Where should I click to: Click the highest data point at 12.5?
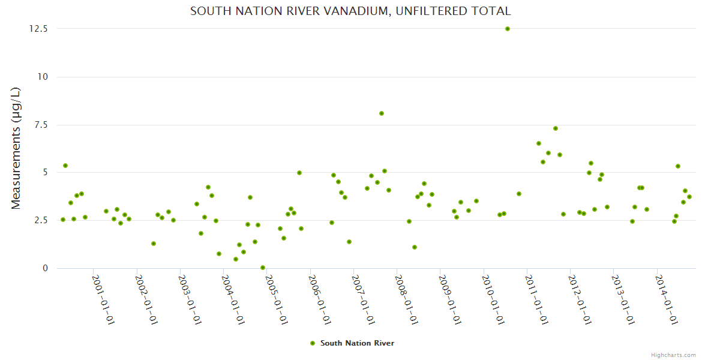point(508,29)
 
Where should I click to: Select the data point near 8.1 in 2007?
point(382,113)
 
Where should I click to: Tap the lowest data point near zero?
point(263,268)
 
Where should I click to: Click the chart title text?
point(350,11)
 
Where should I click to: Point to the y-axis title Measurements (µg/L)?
point(16,148)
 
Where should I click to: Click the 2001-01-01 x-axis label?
point(103,300)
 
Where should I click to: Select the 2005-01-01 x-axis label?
point(277,300)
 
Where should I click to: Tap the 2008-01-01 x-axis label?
point(407,300)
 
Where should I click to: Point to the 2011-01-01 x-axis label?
point(536,300)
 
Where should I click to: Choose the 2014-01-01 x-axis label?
point(667,300)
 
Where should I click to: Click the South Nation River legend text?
point(357,343)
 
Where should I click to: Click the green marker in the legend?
point(312,343)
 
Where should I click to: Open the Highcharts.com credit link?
point(673,355)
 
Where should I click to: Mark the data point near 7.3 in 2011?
point(556,128)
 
